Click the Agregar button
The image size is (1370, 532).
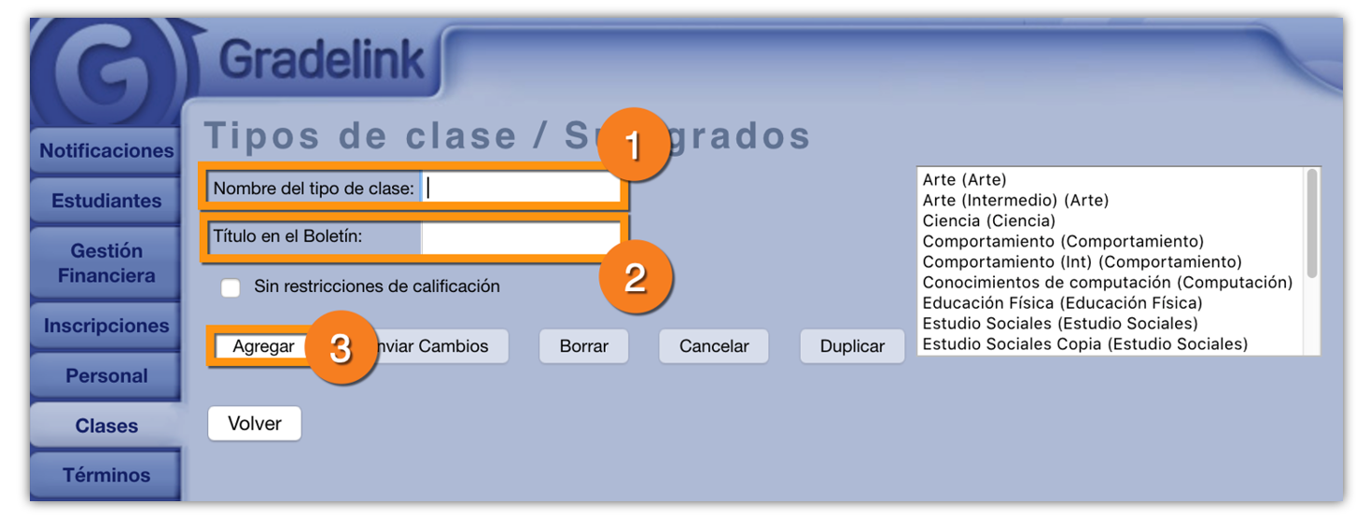263,346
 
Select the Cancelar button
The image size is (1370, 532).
714,346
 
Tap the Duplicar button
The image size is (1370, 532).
852,346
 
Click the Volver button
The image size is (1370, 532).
255,423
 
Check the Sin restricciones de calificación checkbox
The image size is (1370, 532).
231,287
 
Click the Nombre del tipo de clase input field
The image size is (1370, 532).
521,188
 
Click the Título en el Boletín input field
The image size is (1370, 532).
521,237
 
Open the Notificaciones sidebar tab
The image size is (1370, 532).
105,151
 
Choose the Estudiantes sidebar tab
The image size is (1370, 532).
105,201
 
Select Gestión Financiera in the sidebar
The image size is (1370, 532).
105,263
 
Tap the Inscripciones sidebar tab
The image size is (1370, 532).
105,326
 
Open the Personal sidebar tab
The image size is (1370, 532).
105,375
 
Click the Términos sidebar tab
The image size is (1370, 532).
105,475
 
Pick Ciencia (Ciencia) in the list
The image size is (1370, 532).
989,221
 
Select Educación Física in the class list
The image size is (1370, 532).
1062,302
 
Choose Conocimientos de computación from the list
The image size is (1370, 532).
1108,283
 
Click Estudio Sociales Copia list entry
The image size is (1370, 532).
1085,344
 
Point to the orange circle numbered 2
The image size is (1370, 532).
636,277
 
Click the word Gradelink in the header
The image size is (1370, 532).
322,60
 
